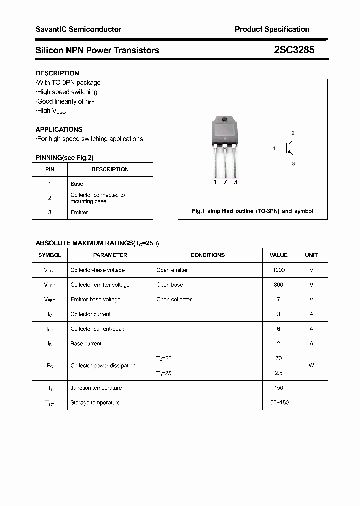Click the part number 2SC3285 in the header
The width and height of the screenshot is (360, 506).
pos(294,50)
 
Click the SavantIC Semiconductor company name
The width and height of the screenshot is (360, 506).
pos(78,29)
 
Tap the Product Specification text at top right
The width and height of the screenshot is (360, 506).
pos(272,29)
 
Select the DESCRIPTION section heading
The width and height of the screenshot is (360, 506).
pos(57,73)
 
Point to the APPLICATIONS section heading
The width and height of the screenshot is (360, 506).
pos(59,129)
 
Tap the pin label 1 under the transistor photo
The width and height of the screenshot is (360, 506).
pos(215,182)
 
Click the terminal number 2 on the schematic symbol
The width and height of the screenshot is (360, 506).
pos(293,133)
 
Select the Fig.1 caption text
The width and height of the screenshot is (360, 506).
pos(252,211)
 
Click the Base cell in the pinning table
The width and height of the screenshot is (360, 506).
pos(77,184)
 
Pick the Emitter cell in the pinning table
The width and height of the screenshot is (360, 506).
pos(79,212)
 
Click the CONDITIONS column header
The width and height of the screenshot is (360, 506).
pos(207,255)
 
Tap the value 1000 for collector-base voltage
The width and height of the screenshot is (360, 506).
pos(278,270)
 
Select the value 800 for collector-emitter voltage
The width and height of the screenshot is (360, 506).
pos(278,285)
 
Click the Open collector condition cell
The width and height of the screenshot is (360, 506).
pos(174,299)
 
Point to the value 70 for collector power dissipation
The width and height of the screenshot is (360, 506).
pos(278,358)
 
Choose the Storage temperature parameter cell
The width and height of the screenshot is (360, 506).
pos(95,402)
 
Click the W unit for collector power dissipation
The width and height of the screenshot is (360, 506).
pos(311,365)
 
